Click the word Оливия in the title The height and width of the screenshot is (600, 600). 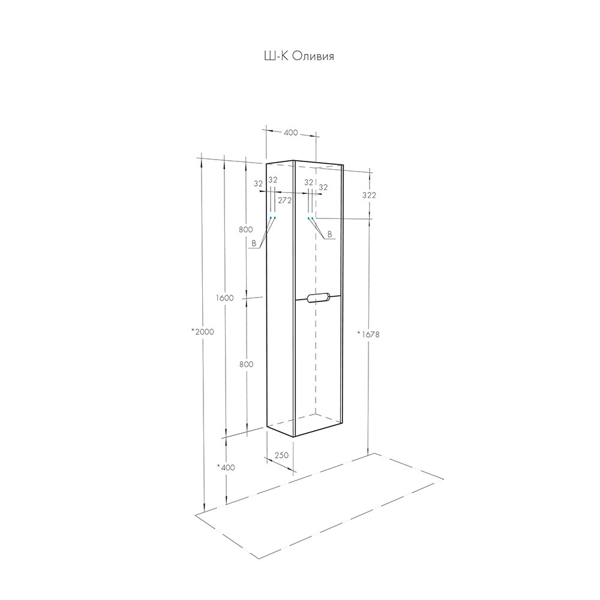point(313,56)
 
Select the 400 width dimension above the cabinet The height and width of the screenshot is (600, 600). point(291,133)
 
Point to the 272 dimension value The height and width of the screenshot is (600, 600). point(284,200)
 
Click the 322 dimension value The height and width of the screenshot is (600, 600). point(369,195)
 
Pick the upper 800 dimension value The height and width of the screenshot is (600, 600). point(245,230)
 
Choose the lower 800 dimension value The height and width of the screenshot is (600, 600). point(247,364)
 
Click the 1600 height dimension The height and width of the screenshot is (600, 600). point(224,298)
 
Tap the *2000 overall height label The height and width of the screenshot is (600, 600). point(202,332)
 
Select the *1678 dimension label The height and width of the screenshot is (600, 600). point(368,334)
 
